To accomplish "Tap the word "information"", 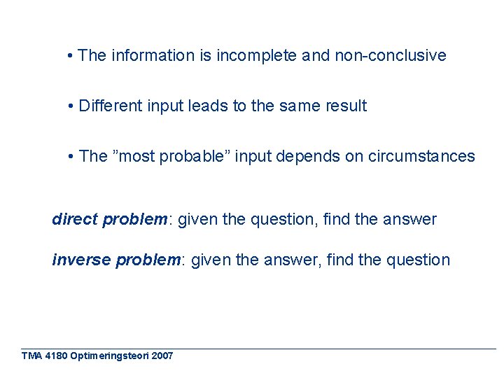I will tap(153, 55).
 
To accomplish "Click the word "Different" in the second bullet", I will tap(111, 106).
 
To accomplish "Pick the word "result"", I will tap(346, 106).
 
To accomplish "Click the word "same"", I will tap(300, 106).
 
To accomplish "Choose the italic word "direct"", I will tap(75, 220).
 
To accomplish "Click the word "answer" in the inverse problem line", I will tap(293, 260).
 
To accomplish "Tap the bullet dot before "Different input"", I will tap(72, 106).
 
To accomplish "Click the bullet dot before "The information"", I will tap(72, 55).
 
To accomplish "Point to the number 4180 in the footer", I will tap(55, 356).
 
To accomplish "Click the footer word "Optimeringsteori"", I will tap(109, 356).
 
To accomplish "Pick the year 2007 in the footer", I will tap(162, 356).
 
